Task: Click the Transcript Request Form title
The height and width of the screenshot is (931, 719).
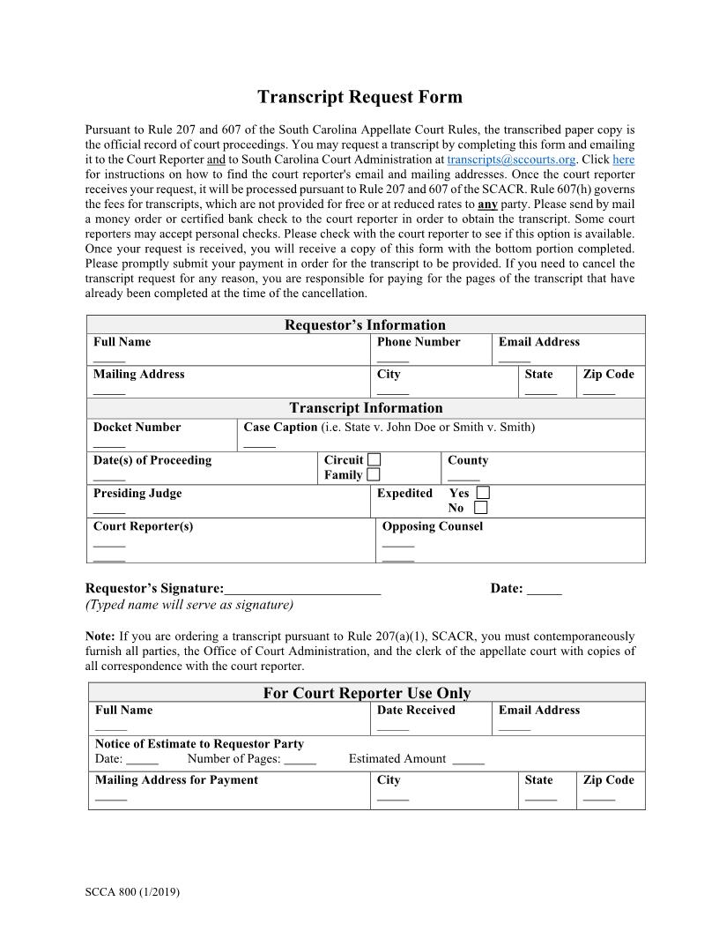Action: pyautogui.click(x=359, y=97)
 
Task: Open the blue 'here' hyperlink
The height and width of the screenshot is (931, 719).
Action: pyautogui.click(x=623, y=160)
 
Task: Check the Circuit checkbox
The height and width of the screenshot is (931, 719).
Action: pyautogui.click(x=374, y=459)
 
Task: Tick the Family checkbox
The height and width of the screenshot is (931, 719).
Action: pyautogui.click(x=374, y=474)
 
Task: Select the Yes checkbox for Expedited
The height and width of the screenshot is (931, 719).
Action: pyautogui.click(x=483, y=493)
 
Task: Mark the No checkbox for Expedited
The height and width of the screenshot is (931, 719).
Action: pyautogui.click(x=480, y=508)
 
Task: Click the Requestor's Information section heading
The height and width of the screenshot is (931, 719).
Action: pyautogui.click(x=365, y=324)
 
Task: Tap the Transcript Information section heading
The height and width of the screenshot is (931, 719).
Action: pyautogui.click(x=366, y=407)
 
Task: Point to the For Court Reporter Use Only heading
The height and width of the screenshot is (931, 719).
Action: pyautogui.click(x=367, y=693)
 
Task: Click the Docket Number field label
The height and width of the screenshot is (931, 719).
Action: pyautogui.click(x=137, y=427)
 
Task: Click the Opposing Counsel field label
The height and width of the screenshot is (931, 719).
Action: pyautogui.click(x=433, y=526)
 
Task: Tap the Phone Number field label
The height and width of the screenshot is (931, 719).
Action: pyautogui.click(x=419, y=341)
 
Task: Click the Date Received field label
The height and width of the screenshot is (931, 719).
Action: pyautogui.click(x=416, y=710)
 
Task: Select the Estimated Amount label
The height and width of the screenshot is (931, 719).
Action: pyautogui.click(x=397, y=758)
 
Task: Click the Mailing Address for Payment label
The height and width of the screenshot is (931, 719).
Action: pyautogui.click(x=176, y=779)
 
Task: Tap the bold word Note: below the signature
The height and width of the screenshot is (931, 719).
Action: pyautogui.click(x=100, y=636)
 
